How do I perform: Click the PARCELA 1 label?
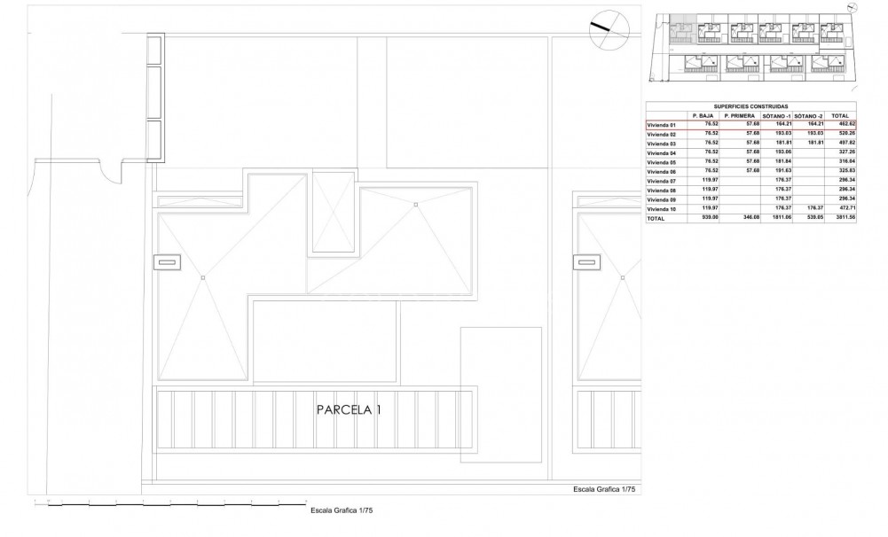pos(349,410)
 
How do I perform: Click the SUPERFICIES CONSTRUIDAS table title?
pos(750,106)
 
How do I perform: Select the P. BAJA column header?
pos(704,115)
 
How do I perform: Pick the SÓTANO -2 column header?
pos(807,115)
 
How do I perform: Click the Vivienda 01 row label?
pos(662,124)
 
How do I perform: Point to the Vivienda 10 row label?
pos(662,209)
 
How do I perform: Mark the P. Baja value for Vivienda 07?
pos(708,181)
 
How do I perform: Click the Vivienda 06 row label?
pos(662,171)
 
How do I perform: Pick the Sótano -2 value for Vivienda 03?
pos(813,143)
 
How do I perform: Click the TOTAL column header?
pos(840,115)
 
